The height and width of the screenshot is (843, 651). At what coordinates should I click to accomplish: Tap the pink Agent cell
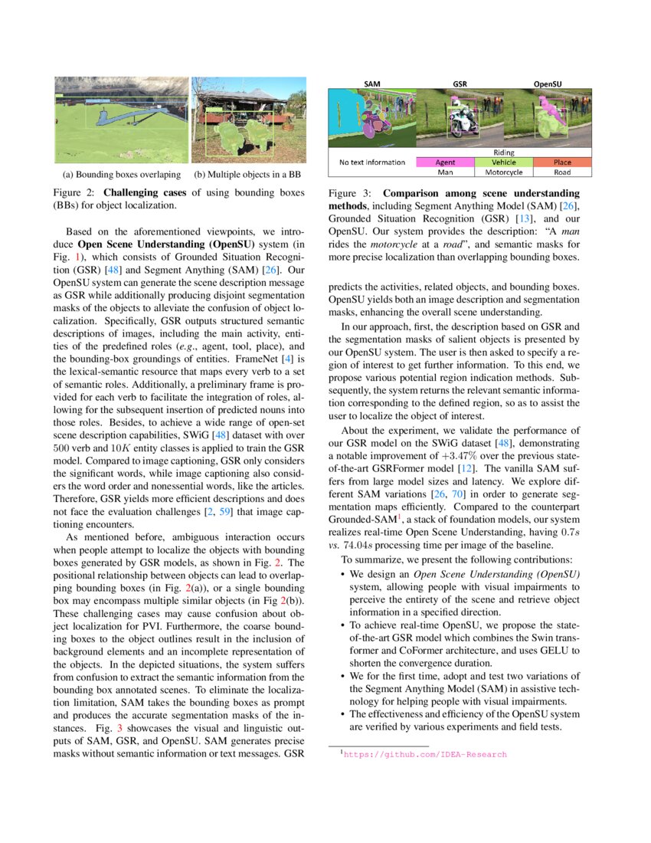[x=445, y=162]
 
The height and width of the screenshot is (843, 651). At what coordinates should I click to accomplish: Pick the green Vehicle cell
[x=503, y=162]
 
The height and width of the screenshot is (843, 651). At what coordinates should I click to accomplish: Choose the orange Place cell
[x=562, y=162]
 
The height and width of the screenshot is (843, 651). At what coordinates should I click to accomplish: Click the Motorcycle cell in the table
[x=503, y=172]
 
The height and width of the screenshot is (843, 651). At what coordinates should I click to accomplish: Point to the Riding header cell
[x=503, y=153]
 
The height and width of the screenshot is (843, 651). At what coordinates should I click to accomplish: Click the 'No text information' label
[x=371, y=162]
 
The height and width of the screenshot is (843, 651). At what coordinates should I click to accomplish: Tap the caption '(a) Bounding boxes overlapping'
[x=122, y=175]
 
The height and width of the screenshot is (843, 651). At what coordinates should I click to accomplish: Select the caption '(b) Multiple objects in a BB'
[x=247, y=175]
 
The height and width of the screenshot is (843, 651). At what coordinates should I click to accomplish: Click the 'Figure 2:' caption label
[x=77, y=192]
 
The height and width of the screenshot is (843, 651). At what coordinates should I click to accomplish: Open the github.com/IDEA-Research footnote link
[x=425, y=755]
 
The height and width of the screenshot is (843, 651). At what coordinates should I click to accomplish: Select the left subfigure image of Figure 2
[x=122, y=120]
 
